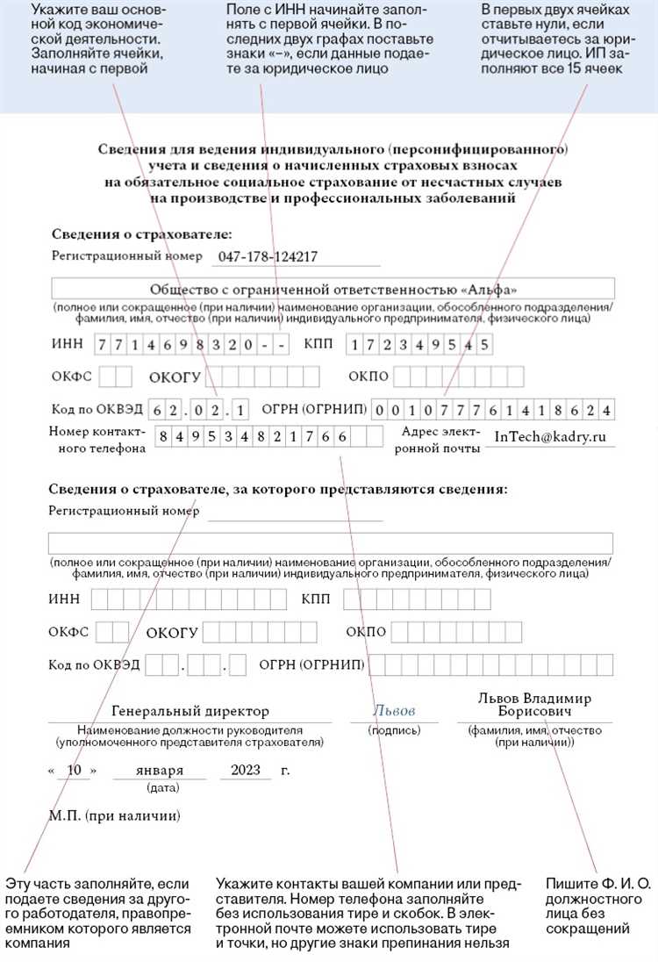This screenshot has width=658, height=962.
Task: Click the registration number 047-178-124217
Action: (x=261, y=256)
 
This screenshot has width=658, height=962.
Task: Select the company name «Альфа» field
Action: (x=333, y=290)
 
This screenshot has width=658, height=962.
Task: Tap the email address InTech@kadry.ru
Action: (x=551, y=436)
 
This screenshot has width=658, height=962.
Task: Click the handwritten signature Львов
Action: (x=394, y=711)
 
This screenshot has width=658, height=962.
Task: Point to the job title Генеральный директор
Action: (x=190, y=711)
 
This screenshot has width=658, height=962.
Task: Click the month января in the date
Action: (x=160, y=771)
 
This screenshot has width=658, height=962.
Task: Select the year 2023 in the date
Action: (x=246, y=771)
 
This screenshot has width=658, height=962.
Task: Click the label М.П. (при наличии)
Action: (x=114, y=816)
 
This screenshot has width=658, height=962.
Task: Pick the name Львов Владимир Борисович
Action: (x=534, y=704)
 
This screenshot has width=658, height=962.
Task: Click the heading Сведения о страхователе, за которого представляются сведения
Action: (x=278, y=489)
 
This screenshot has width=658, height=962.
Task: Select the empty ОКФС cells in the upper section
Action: (x=115, y=377)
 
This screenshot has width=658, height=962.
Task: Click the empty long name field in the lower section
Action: (x=330, y=542)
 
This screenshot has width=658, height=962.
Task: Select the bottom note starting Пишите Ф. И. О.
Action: (x=598, y=905)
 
